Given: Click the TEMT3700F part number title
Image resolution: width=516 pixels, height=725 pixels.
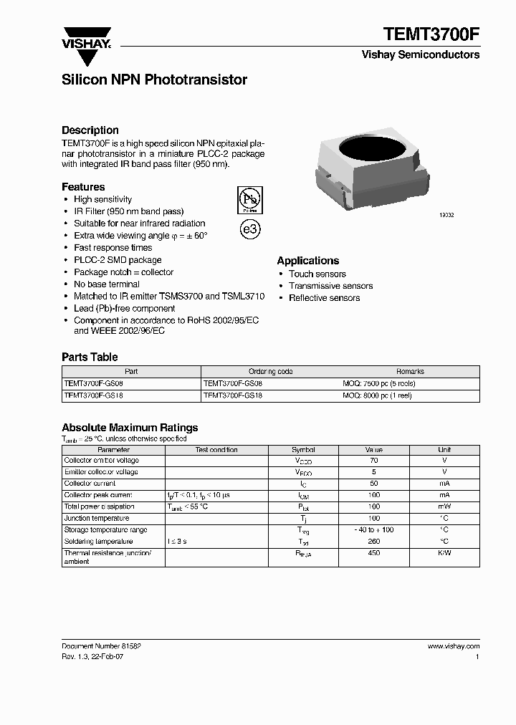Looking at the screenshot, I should (x=431, y=33).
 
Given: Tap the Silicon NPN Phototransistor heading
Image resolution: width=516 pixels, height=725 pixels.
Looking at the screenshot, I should (x=154, y=80).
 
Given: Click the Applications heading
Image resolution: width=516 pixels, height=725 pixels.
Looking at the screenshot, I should (x=308, y=261).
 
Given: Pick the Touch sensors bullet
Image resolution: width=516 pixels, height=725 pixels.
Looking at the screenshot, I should (x=317, y=274).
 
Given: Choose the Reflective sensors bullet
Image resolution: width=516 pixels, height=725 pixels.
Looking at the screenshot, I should (x=324, y=298).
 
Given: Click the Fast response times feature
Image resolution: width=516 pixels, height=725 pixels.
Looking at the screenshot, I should (x=113, y=248).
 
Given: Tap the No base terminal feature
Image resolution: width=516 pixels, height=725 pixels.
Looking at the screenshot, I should (x=106, y=284).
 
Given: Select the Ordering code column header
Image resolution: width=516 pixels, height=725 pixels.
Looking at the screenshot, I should (x=270, y=372).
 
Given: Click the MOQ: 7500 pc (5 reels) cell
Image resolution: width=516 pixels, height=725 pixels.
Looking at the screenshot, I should (x=378, y=383).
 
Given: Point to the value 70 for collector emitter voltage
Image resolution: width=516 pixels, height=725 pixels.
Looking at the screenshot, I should (x=373, y=461).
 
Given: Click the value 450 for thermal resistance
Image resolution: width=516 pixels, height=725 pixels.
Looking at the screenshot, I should (x=373, y=553).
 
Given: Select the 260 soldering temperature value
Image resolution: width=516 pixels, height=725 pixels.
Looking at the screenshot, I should (x=373, y=542).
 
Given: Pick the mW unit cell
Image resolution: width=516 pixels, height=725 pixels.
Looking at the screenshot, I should (x=444, y=506).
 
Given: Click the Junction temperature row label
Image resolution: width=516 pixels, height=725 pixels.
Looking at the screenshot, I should (x=97, y=518).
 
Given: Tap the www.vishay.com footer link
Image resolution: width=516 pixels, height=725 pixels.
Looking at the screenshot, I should (x=453, y=646).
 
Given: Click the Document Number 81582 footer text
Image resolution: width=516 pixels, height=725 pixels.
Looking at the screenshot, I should (x=101, y=646).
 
